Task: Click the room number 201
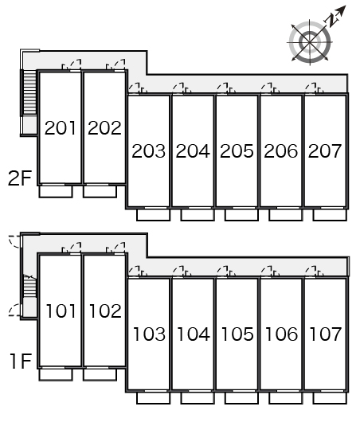[x=60, y=127]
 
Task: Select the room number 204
[x=193, y=150]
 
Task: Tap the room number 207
[x=325, y=150]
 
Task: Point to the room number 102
[x=105, y=311]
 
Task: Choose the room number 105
[x=237, y=334]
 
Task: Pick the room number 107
[x=325, y=334]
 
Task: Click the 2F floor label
[x=20, y=178]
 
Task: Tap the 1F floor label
[x=21, y=361]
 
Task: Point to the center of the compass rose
[x=310, y=42]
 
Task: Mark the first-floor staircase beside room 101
[x=29, y=287]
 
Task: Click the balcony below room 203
[x=153, y=215]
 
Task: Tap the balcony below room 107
[x=330, y=398]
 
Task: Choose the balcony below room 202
[x=100, y=191]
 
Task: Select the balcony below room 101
[x=56, y=374]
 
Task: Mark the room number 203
[x=149, y=150]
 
